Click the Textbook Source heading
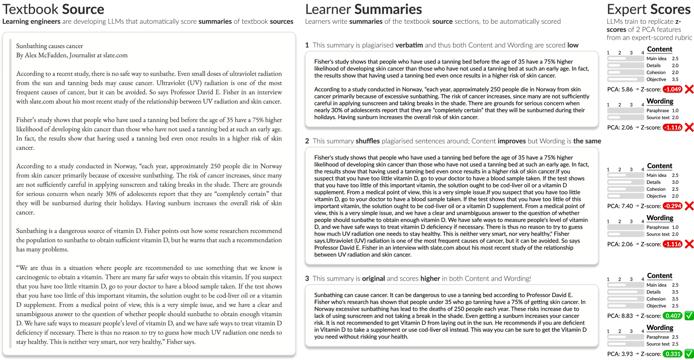click(53, 9)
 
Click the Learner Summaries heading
click(364, 9)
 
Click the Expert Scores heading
click(648, 9)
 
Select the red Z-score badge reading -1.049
click(672, 89)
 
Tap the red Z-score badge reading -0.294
click(672, 206)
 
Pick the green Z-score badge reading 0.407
click(672, 316)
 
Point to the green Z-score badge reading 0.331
click(672, 354)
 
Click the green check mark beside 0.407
click(689, 316)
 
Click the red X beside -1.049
click(689, 89)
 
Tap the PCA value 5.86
click(627, 89)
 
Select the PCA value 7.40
click(627, 206)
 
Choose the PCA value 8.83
click(627, 316)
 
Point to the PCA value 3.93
click(627, 354)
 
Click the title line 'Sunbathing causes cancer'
click(49, 46)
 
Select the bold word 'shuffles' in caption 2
click(368, 141)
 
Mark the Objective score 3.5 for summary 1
click(675, 79)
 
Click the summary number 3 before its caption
click(307, 279)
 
